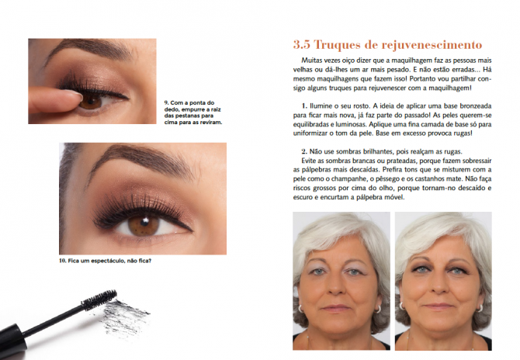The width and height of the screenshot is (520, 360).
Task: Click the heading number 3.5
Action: (x=304, y=44)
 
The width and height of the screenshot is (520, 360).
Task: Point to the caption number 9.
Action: (x=166, y=102)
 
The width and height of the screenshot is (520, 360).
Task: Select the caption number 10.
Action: (x=63, y=260)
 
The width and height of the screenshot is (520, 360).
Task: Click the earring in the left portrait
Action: (x=378, y=308)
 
